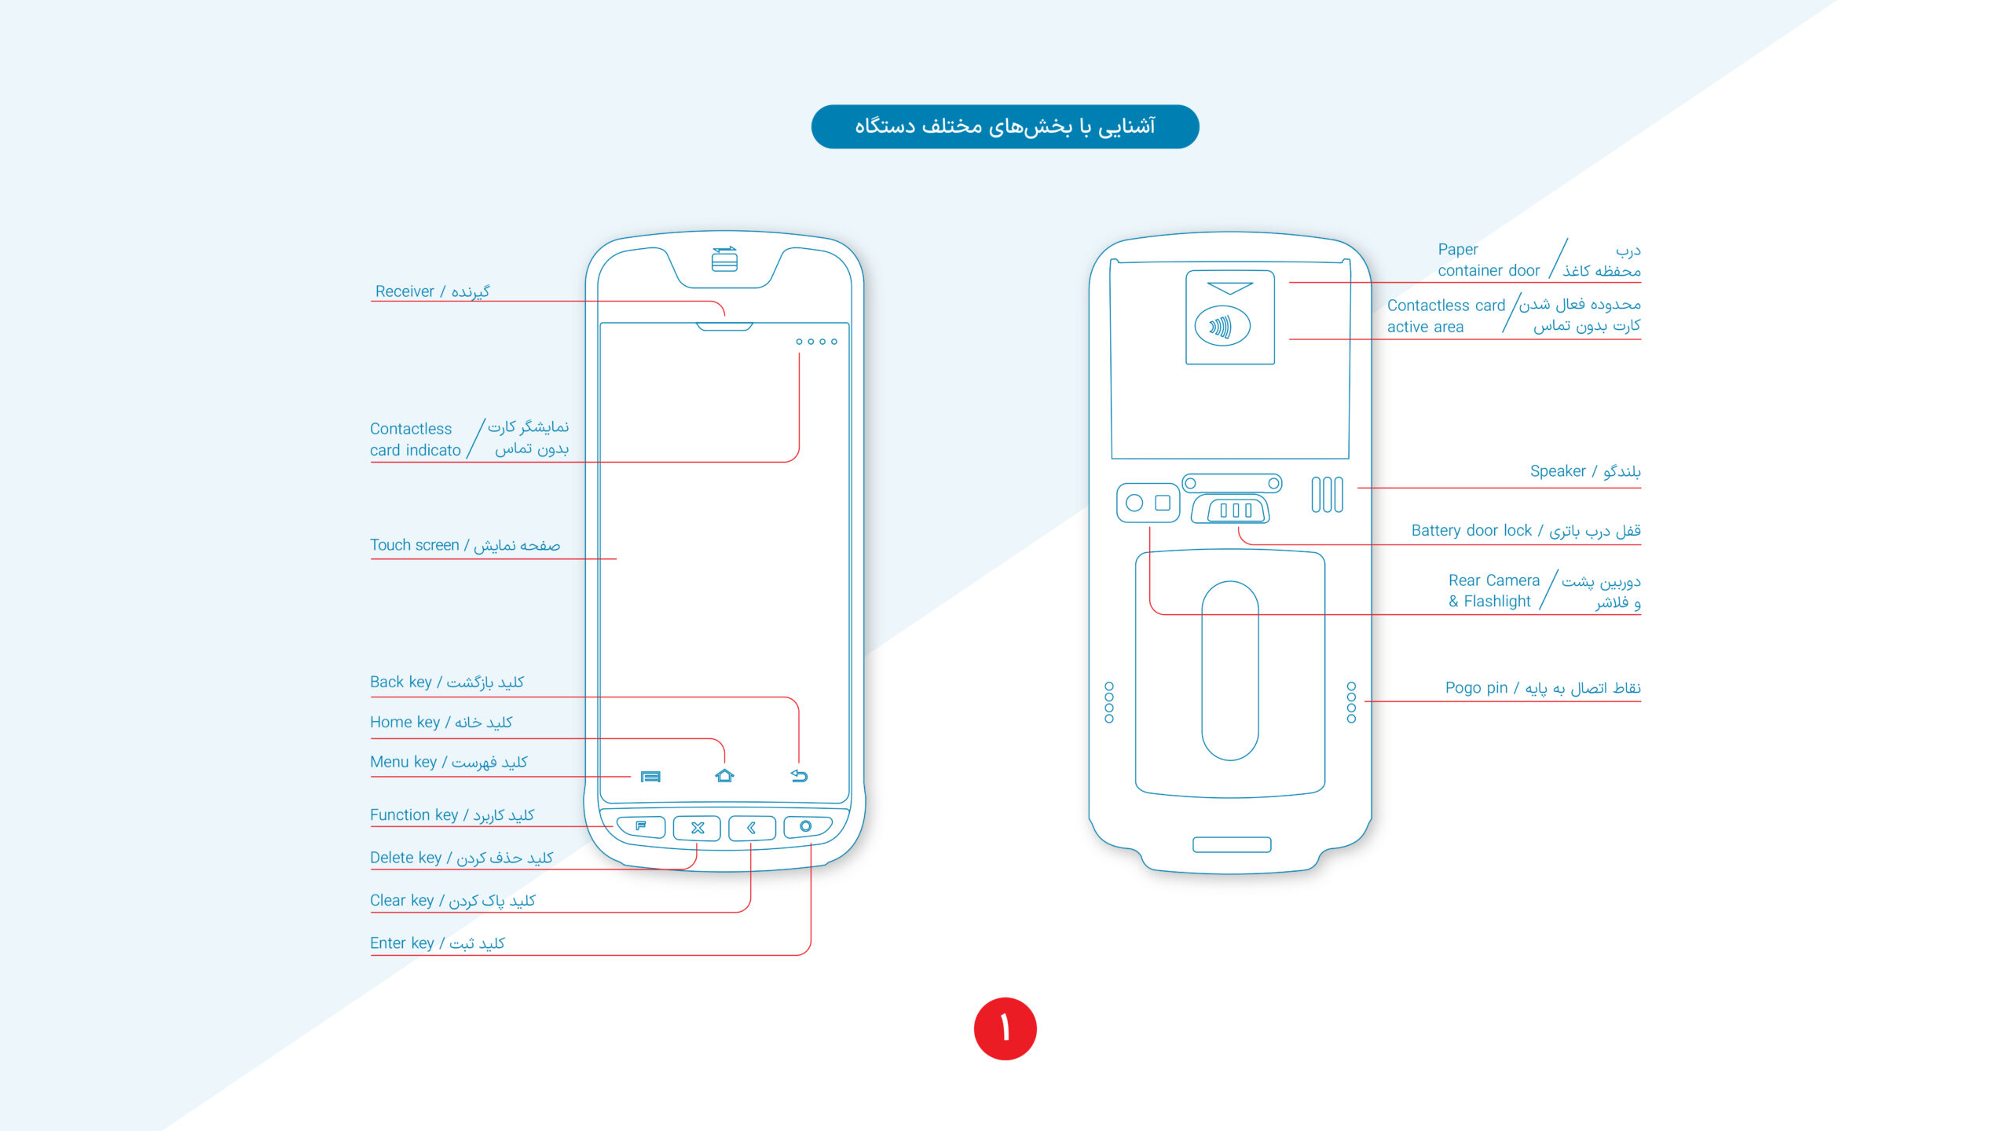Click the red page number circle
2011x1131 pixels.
pyautogui.click(x=1005, y=1028)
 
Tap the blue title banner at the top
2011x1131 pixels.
pyautogui.click(x=1005, y=126)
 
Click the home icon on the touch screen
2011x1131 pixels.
pyautogui.click(x=724, y=776)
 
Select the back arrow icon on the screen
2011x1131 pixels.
pyautogui.click(x=799, y=776)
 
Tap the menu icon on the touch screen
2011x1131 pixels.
pyautogui.click(x=650, y=777)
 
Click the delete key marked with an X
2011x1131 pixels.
pyautogui.click(x=697, y=828)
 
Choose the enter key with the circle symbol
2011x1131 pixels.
pyautogui.click(x=806, y=826)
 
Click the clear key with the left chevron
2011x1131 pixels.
pyautogui.click(x=752, y=828)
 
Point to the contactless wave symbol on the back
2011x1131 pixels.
pyautogui.click(x=1222, y=327)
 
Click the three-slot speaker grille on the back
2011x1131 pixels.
pyautogui.click(x=1327, y=495)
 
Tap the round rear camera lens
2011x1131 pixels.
pyautogui.click(x=1134, y=503)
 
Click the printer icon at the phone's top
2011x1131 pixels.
pyautogui.click(x=724, y=259)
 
